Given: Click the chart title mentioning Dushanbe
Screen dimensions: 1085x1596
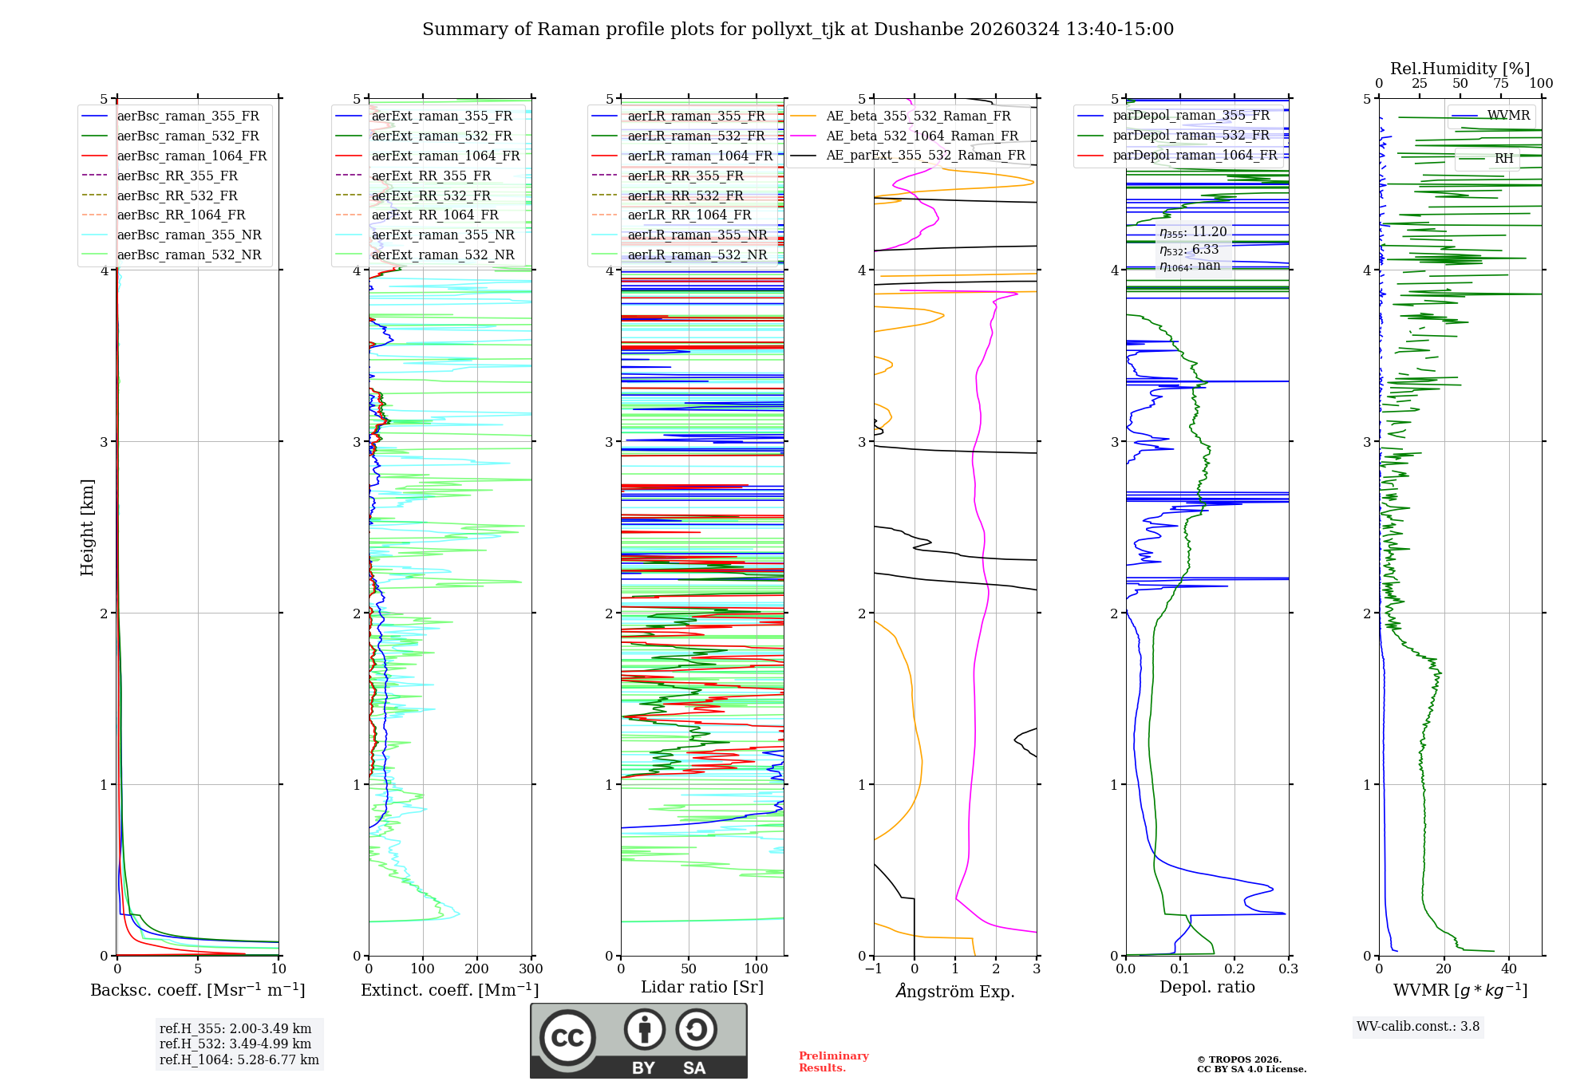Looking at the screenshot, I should coord(798,30).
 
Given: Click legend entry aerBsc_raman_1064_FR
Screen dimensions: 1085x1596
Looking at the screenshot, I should coord(192,156).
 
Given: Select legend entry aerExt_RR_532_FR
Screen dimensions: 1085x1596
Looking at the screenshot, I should coord(431,195).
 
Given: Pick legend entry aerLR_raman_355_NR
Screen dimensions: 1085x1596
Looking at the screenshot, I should coord(697,235).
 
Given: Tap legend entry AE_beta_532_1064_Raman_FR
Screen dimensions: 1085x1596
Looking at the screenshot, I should coord(922,136).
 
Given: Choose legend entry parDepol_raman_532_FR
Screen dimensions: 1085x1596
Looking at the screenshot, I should coord(1191,136).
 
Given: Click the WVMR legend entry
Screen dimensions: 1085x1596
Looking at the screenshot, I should coord(1508,116).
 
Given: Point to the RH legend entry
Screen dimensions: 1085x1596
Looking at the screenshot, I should coord(1503,159).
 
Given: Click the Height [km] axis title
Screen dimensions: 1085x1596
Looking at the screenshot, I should coord(87,527).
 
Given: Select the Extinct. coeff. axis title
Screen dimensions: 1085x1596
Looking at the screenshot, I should coord(450,990).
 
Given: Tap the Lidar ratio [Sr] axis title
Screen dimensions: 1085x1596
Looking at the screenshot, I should coord(702,988).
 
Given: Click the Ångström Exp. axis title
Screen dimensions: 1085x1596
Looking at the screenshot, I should coord(955,992).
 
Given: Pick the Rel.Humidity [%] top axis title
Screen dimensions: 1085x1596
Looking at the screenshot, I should coord(1460,69).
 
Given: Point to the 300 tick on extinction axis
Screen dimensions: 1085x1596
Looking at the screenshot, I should coord(531,969).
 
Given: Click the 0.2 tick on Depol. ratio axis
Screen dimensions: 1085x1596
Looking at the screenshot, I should coord(1234,969).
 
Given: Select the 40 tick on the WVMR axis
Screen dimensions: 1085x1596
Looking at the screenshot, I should coord(1508,969).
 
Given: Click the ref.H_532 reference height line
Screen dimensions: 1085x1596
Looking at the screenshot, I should coord(235,1044).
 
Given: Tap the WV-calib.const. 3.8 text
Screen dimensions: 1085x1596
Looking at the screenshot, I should coord(1418,1027).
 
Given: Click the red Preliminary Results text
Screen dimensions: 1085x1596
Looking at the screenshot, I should coord(833,1062).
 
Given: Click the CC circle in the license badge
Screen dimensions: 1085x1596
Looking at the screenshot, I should coord(567,1038).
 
